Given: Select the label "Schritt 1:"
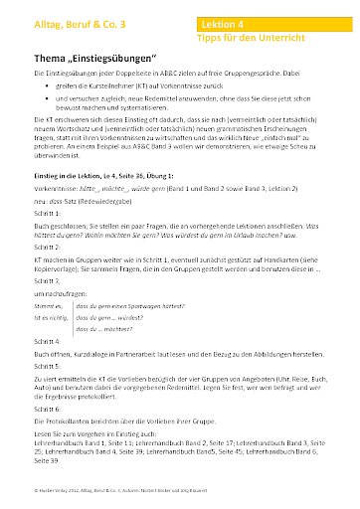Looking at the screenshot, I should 49,201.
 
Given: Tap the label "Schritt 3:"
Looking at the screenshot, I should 49,281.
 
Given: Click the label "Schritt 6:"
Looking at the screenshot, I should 49,409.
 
